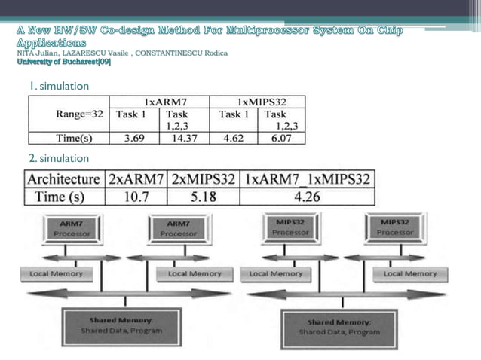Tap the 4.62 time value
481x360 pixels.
[x=231, y=138]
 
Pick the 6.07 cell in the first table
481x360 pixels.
[x=280, y=138]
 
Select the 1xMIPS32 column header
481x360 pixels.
[x=257, y=101]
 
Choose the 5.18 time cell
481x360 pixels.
[x=204, y=197]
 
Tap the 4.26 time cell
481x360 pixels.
[x=307, y=197]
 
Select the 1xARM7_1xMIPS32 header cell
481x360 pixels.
[x=307, y=179]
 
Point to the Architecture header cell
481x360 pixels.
[x=63, y=179]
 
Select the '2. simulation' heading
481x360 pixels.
[x=59, y=158]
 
